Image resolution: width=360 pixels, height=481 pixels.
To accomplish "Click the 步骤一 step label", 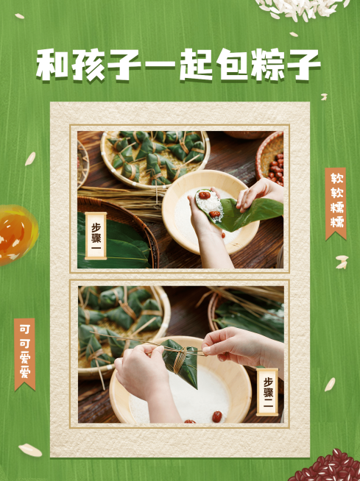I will [x=96, y=235].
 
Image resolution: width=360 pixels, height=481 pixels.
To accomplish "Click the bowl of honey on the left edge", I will [x=15, y=234].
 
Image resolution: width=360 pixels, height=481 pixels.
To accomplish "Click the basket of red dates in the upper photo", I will [x=273, y=158].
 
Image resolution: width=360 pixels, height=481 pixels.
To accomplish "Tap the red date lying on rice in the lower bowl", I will [x=217, y=416].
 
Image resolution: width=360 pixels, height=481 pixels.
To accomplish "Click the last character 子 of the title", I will [x=306, y=66].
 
